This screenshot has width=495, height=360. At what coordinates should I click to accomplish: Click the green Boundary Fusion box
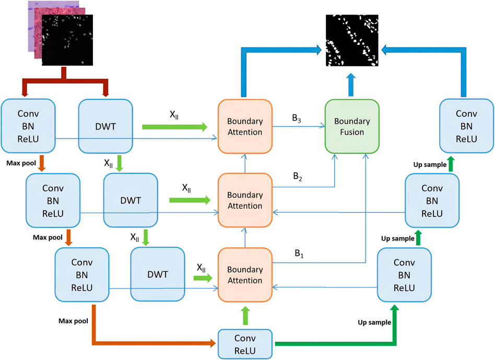click(x=352, y=126)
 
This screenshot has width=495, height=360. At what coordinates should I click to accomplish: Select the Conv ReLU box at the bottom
click(x=245, y=344)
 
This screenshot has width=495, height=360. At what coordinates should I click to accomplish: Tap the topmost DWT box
click(x=105, y=126)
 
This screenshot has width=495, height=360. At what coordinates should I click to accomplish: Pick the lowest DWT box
click(x=158, y=274)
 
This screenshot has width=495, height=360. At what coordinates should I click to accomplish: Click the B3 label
click(x=297, y=118)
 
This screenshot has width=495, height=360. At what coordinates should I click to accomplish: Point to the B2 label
click(x=298, y=176)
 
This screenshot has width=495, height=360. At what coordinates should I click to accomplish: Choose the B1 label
click(x=299, y=254)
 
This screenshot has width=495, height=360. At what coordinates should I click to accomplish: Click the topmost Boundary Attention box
click(x=245, y=126)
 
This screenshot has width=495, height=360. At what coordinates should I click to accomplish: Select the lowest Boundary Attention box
click(x=245, y=275)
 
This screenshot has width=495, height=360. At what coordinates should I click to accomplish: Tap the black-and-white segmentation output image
click(x=352, y=40)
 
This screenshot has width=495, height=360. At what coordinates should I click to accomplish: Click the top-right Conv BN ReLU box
click(x=467, y=126)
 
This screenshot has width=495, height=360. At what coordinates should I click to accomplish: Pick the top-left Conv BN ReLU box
click(x=28, y=126)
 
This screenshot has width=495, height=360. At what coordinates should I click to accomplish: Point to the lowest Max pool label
click(x=73, y=321)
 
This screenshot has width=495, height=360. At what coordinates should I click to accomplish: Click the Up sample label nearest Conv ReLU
click(x=374, y=322)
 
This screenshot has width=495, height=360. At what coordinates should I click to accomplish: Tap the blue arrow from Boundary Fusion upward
click(x=351, y=85)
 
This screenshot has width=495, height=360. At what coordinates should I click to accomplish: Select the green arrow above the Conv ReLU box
click(x=245, y=316)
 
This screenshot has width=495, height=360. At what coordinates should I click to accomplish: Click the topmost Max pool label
click(x=21, y=163)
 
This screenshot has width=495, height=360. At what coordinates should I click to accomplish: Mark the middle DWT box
click(x=131, y=200)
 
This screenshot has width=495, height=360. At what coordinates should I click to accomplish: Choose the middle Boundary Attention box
click(x=245, y=200)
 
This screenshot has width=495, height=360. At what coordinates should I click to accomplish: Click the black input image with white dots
click(x=67, y=40)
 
